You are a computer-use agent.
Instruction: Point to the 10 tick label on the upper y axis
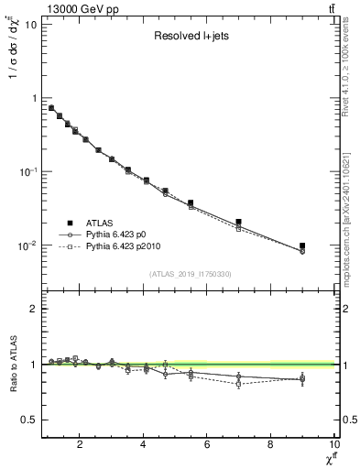point(29,24)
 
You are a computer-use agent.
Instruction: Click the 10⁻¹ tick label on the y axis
point(26,171)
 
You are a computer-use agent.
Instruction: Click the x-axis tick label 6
point(207,445)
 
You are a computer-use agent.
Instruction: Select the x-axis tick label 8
point(270,445)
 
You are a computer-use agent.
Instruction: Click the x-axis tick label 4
point(144,445)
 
